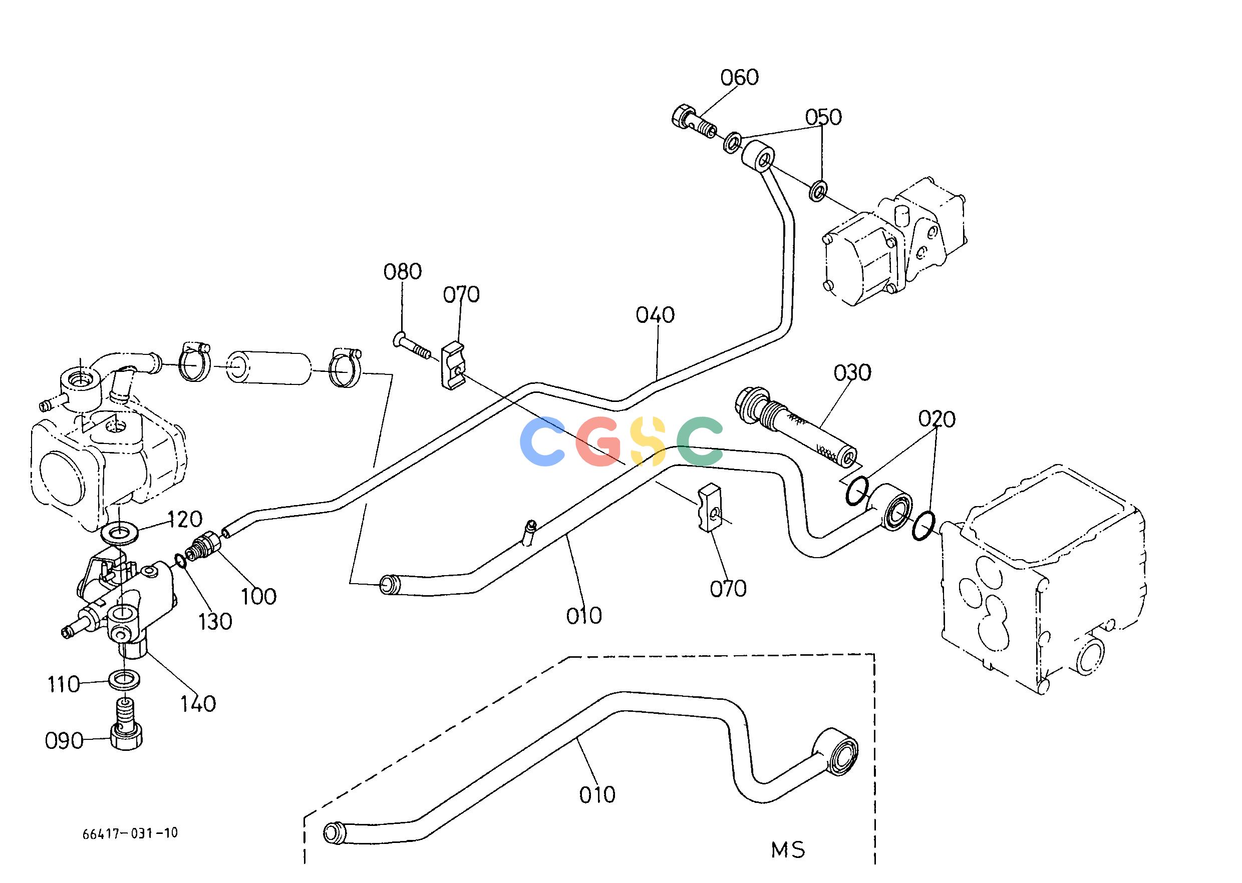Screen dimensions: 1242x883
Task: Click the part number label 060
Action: tap(739, 78)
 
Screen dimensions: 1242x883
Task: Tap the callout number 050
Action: tap(823, 117)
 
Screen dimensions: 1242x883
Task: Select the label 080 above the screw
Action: tap(403, 272)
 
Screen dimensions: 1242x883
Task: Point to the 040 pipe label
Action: tap(656, 315)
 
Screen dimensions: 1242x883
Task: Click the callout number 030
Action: tap(852, 372)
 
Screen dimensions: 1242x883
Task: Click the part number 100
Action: tap(259, 597)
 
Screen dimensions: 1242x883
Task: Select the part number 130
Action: tap(215, 622)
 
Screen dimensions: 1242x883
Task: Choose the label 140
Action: tap(198, 704)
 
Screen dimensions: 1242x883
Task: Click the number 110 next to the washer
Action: tap(64, 685)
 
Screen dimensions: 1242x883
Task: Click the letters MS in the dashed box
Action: tap(788, 850)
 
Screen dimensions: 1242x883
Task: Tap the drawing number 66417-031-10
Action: tap(130, 833)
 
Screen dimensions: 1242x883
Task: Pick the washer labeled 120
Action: tap(119, 532)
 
